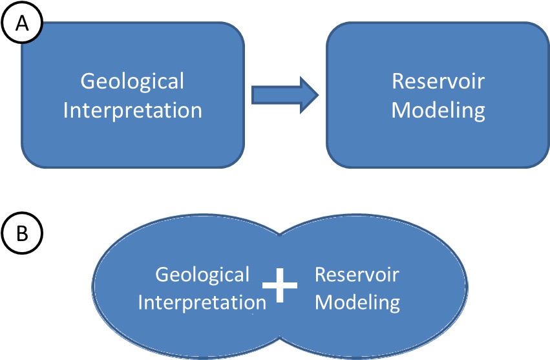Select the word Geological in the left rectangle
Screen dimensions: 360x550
[132, 82]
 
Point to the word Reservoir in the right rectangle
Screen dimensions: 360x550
[438, 82]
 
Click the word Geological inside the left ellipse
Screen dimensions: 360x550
[202, 275]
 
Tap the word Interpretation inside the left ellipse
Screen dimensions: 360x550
[202, 302]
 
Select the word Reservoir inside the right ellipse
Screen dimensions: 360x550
[357, 275]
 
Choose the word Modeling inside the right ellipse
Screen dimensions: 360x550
[357, 302]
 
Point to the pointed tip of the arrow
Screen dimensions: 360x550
[318, 95]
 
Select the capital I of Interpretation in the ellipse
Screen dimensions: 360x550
[141, 302]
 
